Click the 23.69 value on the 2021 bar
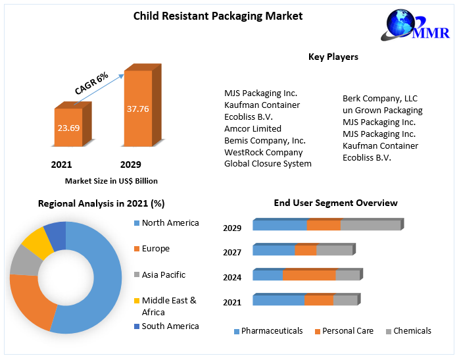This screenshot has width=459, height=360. [x=68, y=128]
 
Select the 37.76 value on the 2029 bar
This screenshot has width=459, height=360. [x=137, y=109]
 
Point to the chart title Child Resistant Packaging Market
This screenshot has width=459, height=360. [x=218, y=16]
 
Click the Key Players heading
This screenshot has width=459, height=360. [x=333, y=57]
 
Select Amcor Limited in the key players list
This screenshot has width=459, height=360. [x=253, y=128]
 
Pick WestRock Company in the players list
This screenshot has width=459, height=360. [x=263, y=152]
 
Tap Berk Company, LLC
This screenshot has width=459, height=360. [x=380, y=98]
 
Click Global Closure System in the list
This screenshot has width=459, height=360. [x=268, y=164]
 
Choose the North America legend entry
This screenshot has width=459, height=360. [x=170, y=223]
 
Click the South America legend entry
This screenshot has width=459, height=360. [x=170, y=326]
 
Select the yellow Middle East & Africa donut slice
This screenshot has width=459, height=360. [x=37, y=242]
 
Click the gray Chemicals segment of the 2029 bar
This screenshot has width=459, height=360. [x=370, y=226]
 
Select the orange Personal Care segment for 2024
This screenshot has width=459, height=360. [x=309, y=275]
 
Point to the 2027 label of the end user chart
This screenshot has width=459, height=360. [x=232, y=252]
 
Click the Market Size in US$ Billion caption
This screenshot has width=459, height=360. [x=111, y=180]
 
